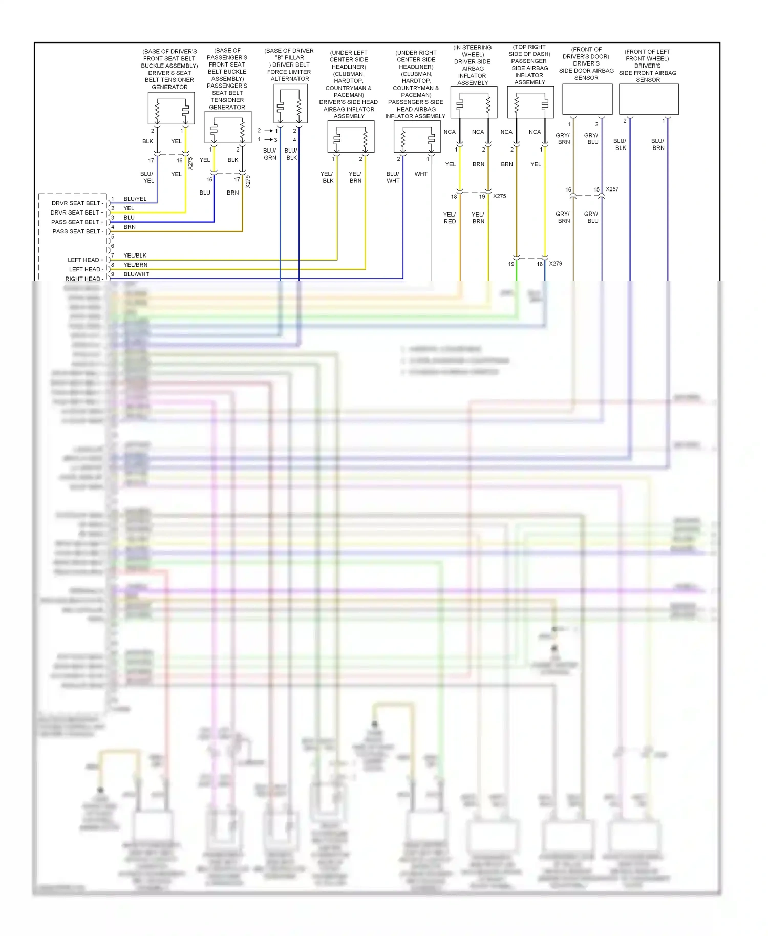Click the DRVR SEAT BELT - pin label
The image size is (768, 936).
pos(77,203)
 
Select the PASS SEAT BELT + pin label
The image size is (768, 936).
pos(77,222)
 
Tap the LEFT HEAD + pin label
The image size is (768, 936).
pos(86,260)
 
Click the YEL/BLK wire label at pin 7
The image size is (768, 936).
pos(135,256)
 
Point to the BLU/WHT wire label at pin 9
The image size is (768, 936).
pos(136,274)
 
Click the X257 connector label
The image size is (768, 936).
pos(612,189)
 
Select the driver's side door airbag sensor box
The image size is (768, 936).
pos(587,99)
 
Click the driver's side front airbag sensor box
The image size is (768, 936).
pos(649,99)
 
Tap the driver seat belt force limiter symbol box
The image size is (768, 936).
pos(290,104)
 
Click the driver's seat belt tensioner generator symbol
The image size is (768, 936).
pos(171,108)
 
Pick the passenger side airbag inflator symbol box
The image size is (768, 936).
pos(530,102)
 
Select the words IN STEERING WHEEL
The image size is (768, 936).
pos(473,51)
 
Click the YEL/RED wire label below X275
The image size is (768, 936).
pos(450,218)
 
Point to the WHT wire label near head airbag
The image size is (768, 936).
pos(421,174)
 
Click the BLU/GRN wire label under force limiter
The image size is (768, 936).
pos(270,154)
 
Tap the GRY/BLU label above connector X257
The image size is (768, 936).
pos(592,139)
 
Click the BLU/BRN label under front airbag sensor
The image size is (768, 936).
pos(658,144)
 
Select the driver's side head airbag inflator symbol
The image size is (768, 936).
pos(351,137)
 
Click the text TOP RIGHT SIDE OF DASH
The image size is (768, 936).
pos(529,50)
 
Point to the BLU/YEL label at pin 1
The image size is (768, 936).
pos(135,199)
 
